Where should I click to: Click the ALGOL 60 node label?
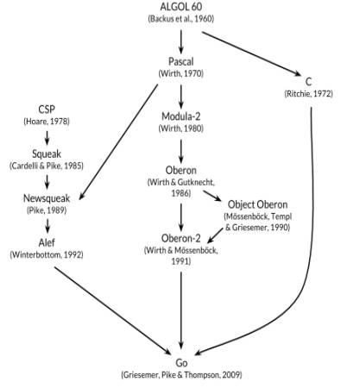181,7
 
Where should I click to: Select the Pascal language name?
181,61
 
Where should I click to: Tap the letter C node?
308,82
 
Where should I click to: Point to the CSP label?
47,110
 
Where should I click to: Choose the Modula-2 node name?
181,116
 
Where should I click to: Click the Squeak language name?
47,153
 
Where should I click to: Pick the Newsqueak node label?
47,198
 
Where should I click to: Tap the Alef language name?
47,242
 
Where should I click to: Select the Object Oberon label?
257,204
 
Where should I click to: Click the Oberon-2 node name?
181,238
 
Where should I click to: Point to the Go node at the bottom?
181,363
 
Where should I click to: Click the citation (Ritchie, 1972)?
308,94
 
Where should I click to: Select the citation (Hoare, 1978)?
47,122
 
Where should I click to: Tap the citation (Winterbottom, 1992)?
47,255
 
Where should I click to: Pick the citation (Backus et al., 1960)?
181,19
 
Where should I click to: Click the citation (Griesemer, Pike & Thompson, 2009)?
181,375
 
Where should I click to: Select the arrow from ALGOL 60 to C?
251,53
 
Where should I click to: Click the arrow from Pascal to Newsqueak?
118,141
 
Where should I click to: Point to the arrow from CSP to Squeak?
47,138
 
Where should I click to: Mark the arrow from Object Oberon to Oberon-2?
215,235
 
